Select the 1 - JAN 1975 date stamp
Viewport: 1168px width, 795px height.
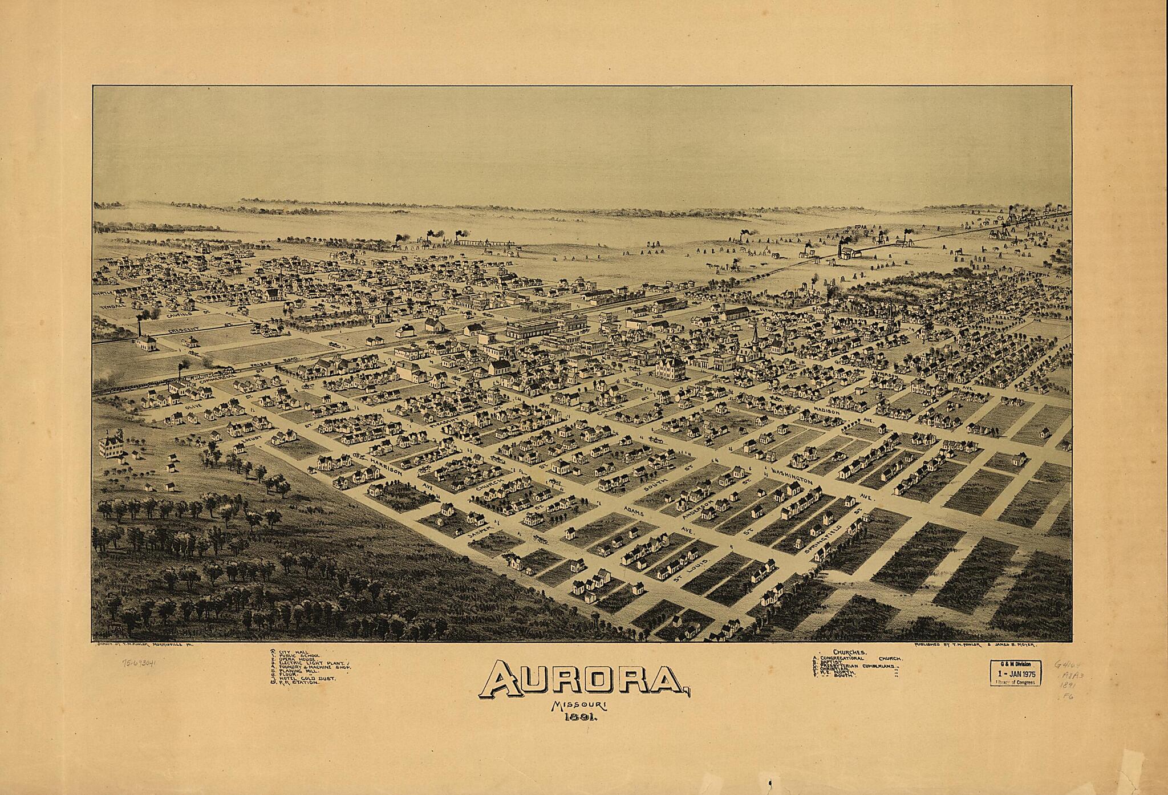pyautogui.click(x=1017, y=675)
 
